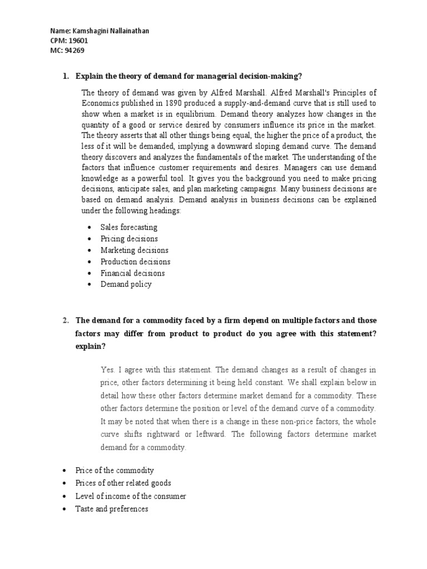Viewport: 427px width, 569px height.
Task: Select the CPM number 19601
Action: tap(78, 41)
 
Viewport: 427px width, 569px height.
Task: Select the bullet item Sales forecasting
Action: tap(129, 227)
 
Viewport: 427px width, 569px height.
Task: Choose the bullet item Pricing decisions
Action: tap(129, 238)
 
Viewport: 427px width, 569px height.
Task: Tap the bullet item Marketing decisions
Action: tap(134, 250)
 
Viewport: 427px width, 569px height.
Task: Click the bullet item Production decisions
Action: tap(135, 261)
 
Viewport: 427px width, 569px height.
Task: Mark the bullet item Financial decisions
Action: tap(132, 273)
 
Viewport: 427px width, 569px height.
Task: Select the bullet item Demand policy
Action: tap(126, 284)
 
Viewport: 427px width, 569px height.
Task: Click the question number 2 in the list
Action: tap(65, 320)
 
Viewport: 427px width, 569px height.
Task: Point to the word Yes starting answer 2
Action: tap(107, 370)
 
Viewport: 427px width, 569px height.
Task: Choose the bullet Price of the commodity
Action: tap(115, 470)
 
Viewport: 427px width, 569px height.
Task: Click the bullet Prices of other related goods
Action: tap(123, 483)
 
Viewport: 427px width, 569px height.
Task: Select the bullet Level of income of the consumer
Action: tap(131, 496)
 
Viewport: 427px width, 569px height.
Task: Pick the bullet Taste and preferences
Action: tap(112, 508)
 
